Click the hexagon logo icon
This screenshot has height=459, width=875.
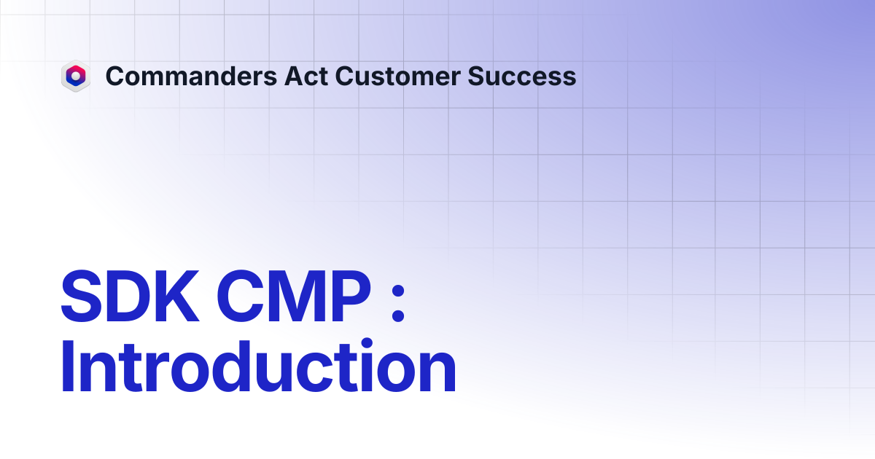(x=76, y=76)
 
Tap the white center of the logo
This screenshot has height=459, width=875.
(x=76, y=75)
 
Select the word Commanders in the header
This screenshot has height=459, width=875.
(x=191, y=76)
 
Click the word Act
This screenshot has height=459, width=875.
(x=306, y=76)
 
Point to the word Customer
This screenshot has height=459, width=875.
(x=397, y=76)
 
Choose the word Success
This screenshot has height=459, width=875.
(x=522, y=76)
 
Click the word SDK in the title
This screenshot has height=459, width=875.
(x=130, y=297)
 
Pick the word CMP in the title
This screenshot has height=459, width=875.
(x=294, y=297)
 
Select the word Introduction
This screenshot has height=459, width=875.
(x=258, y=366)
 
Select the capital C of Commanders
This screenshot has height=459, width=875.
(x=116, y=76)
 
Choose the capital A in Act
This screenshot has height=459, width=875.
(x=295, y=76)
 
